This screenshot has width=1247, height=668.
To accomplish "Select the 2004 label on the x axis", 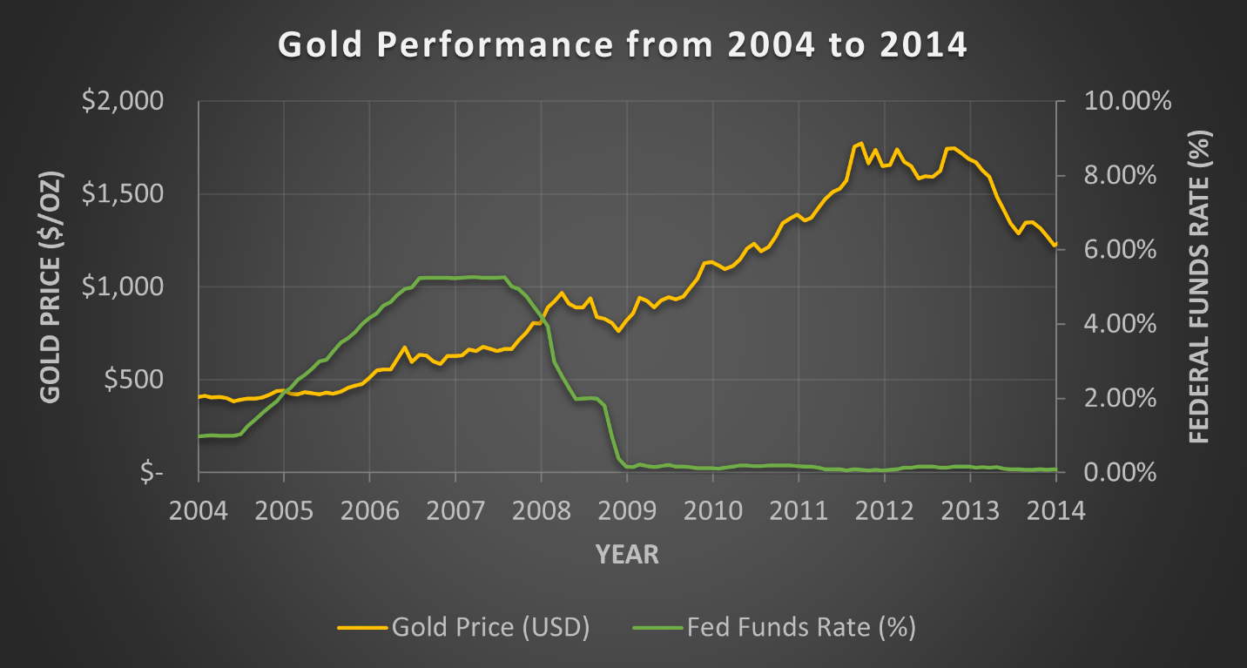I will (x=199, y=510).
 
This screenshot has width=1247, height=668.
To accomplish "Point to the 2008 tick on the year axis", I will (x=541, y=510).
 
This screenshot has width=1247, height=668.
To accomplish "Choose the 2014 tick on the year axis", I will (x=1055, y=510).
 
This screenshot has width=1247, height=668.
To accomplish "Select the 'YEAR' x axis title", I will (x=627, y=554).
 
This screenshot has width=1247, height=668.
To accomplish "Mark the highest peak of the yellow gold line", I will (x=860, y=143).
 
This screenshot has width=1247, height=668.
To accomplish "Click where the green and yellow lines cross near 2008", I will (x=542, y=322).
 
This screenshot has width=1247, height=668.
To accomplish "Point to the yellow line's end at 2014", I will (x=1055, y=246).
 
